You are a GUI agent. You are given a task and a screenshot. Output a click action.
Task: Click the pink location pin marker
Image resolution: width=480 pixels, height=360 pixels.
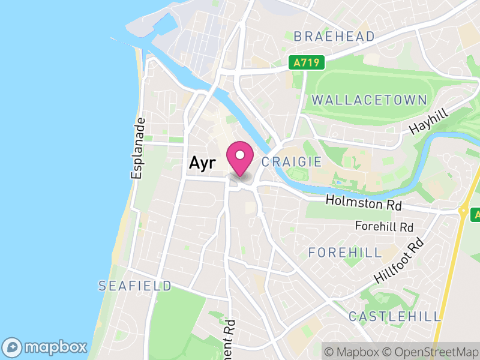[240, 157]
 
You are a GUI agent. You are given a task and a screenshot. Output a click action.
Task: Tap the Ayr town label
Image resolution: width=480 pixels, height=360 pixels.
[202, 162]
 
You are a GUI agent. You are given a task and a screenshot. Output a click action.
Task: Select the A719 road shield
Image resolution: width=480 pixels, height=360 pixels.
[306, 62]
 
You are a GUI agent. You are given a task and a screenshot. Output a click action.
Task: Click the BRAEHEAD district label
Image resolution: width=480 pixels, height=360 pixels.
[334, 37]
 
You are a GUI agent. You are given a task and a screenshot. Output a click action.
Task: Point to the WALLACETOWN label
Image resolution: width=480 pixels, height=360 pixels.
[370, 100]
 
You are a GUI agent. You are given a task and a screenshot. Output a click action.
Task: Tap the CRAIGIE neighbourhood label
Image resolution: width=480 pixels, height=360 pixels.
[292, 162]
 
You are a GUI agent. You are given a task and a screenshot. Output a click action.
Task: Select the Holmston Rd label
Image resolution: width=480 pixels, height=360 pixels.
[363, 203]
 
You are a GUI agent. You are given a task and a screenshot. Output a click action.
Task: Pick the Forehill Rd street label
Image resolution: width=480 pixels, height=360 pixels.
[385, 227]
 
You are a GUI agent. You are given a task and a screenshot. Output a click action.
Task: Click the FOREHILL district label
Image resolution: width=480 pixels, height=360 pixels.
[345, 253]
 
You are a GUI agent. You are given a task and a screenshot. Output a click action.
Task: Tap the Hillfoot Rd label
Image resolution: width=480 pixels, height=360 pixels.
[399, 261]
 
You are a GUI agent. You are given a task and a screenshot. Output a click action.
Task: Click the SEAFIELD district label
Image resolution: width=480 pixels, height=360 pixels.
[135, 286]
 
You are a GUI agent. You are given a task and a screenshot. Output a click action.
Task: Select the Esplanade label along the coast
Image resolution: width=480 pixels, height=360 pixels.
[139, 148]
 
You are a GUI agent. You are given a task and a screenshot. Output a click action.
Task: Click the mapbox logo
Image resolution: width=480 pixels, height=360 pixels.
[46, 347]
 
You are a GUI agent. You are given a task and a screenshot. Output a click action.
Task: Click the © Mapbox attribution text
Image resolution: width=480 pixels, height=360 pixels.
[354, 351]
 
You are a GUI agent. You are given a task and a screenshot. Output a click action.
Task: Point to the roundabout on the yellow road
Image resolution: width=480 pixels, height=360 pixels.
[464, 211]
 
